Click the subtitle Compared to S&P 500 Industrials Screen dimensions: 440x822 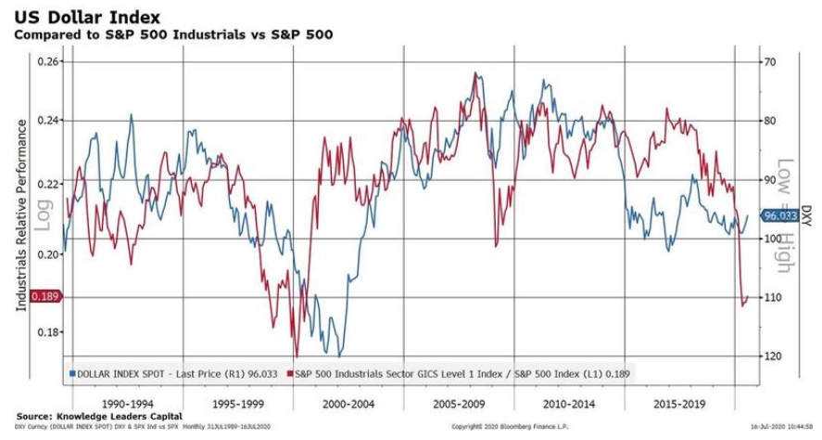click(172, 34)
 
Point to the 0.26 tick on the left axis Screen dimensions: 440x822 click(48, 61)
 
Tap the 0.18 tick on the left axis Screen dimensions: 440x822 click(48, 331)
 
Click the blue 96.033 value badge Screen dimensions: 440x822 click(780, 216)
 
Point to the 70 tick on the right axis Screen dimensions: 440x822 click(768, 61)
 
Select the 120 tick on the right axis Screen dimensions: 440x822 click(770, 356)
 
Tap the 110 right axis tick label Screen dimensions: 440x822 click(770, 297)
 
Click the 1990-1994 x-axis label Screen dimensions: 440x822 click(128, 405)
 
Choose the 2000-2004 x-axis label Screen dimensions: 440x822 click(348, 405)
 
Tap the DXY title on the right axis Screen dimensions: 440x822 click(805, 214)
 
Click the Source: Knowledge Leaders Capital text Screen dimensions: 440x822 click(99, 415)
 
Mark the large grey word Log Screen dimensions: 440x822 click(40, 214)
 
